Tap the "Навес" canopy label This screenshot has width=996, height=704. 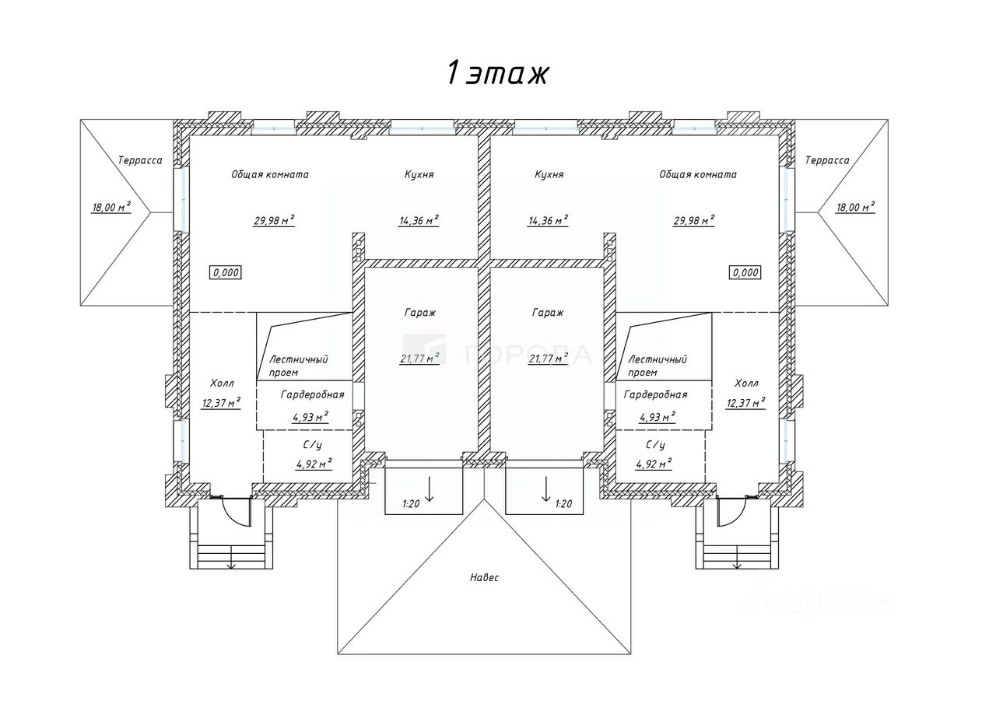(484, 577)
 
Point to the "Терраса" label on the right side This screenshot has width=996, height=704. (827, 160)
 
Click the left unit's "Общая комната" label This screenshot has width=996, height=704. (269, 174)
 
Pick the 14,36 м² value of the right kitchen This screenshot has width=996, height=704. (548, 220)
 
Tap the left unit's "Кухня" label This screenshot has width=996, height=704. (419, 174)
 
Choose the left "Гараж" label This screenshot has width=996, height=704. (419, 312)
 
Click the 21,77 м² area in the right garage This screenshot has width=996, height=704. (549, 358)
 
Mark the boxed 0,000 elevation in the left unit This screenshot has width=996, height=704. (226, 272)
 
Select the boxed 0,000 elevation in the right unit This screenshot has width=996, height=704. (745, 272)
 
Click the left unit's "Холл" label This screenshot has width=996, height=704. (222, 384)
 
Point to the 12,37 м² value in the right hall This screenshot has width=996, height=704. (745, 402)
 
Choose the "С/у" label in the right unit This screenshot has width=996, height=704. (655, 445)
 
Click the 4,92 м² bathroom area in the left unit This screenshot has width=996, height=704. (314, 464)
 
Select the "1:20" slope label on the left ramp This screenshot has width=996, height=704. (411, 504)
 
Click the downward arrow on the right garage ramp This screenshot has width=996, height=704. (545, 489)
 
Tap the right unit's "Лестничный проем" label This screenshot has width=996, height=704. (658, 365)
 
